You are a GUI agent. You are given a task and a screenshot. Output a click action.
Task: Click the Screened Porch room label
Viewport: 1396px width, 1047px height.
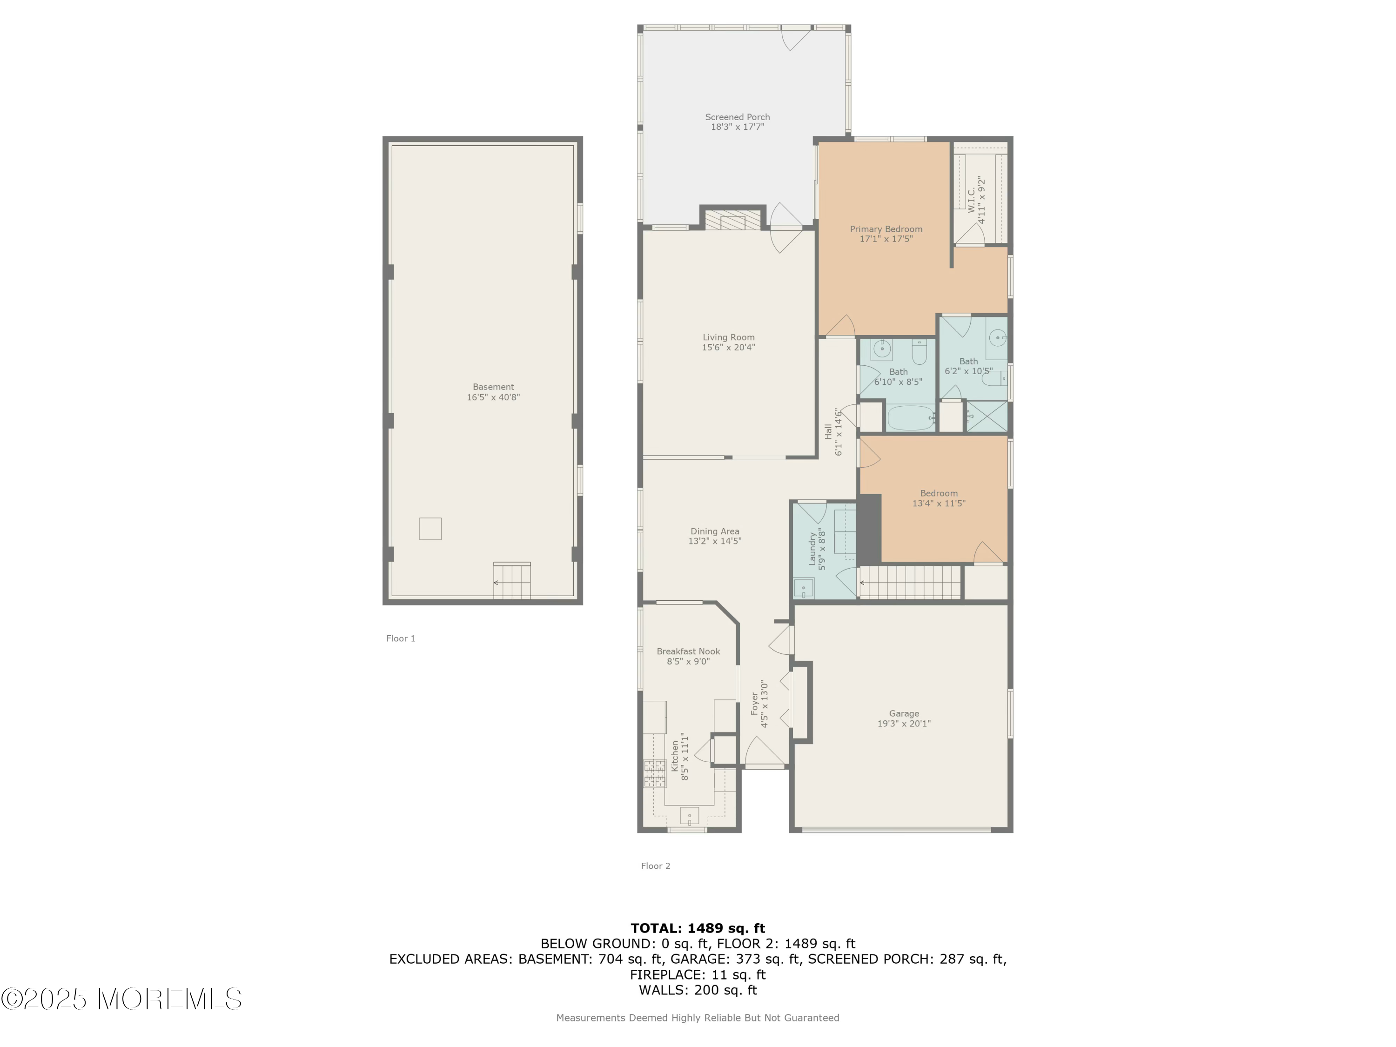tap(737, 117)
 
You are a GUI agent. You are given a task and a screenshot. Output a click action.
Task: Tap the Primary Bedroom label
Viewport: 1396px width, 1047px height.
tap(886, 229)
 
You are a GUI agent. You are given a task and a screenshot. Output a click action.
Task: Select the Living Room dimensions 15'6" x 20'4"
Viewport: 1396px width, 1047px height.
tap(728, 347)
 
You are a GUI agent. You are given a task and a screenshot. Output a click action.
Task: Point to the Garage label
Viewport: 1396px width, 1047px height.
tap(904, 714)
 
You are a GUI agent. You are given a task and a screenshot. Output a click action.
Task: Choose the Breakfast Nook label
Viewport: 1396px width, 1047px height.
tap(688, 651)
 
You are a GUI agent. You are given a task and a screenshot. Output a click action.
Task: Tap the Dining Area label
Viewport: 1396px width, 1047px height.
tap(714, 531)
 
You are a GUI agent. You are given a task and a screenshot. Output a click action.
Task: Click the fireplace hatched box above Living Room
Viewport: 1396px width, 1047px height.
tap(733, 221)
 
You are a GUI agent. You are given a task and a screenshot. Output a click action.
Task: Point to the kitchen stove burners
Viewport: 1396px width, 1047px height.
tap(654, 774)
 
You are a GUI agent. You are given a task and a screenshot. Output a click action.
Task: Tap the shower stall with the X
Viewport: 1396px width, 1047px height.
tap(987, 416)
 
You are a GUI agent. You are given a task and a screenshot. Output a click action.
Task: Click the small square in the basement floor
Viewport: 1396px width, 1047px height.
tap(430, 529)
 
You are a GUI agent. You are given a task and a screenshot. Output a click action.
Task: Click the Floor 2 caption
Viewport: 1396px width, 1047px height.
tap(656, 866)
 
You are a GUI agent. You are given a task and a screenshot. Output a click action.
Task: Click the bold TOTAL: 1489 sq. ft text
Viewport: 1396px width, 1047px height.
tap(698, 928)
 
